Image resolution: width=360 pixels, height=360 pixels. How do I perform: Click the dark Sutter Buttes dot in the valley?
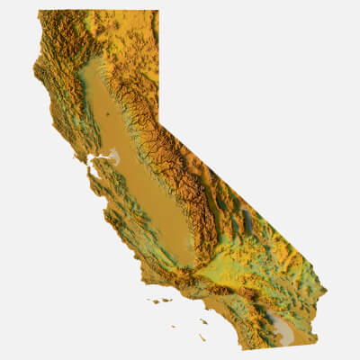[x=107, y=115]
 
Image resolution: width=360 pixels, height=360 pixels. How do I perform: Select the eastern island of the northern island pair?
[x=167, y=301]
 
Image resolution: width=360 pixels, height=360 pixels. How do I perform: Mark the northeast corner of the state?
[x=158, y=11]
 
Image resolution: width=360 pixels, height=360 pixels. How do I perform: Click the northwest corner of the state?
[x=40, y=12]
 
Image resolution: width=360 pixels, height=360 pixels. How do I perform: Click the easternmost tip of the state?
[x=326, y=292]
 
